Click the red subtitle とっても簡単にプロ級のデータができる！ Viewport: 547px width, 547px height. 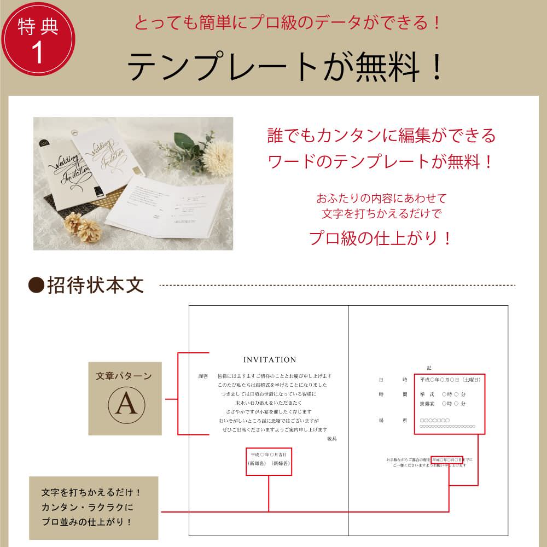[287, 23]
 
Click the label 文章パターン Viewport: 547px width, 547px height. [124, 376]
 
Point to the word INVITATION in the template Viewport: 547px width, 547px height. [270, 360]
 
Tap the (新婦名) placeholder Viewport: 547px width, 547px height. [280, 463]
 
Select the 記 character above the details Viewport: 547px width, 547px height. [429, 368]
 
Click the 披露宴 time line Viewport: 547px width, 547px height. [443, 404]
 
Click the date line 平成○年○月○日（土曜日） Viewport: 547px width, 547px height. [450, 379]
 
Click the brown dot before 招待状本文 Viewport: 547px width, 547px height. [36, 286]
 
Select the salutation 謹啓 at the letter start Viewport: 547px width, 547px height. [203, 376]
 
